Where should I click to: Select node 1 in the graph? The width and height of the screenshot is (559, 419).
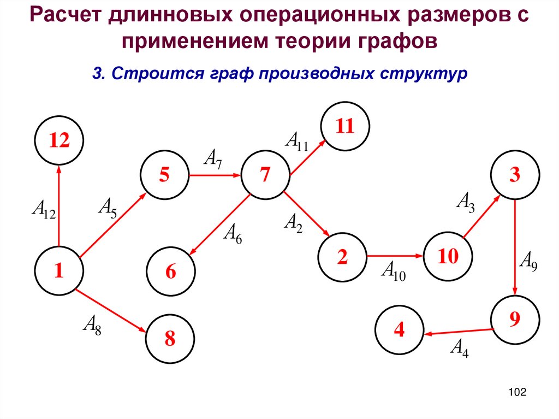coord(58,270)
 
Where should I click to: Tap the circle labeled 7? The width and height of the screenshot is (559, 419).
coord(265,175)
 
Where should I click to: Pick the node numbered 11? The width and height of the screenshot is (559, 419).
coord(345,127)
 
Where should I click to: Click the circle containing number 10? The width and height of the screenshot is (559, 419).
coord(447,256)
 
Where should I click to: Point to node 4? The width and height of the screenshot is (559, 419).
coord(400,330)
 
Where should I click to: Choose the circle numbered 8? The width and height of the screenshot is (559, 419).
coord(170,339)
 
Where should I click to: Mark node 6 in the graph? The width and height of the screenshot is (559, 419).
coord(171,272)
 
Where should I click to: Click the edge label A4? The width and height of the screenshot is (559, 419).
coord(459,347)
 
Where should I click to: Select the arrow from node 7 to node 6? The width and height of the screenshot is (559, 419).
coord(218,225)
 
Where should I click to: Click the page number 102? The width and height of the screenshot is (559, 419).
coord(516,392)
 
